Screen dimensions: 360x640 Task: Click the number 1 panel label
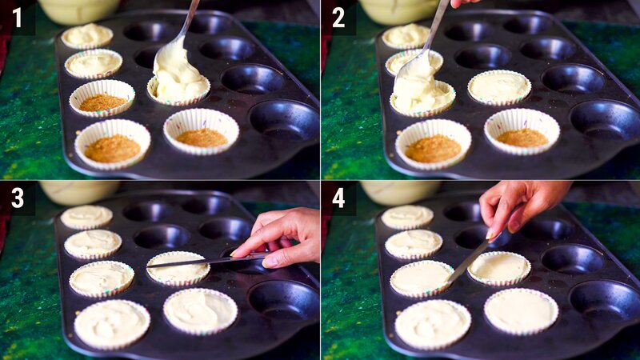click(x=17, y=17)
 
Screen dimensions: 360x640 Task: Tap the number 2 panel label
click(x=338, y=17)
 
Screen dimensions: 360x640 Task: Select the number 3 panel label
click(x=17, y=197)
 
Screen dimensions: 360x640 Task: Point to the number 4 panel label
click(x=338, y=197)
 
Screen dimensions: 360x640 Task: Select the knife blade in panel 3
click(x=200, y=261)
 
